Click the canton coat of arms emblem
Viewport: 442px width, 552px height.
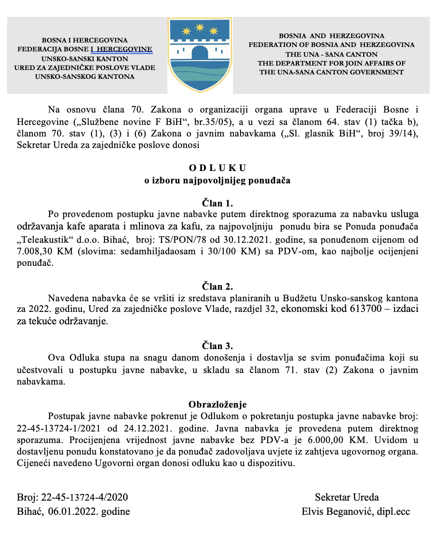pos(200,54)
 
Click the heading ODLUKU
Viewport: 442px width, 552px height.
pos(217,168)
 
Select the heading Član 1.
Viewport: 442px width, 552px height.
pos(217,203)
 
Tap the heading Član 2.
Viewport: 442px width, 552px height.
pos(217,286)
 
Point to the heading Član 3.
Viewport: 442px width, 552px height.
pos(217,346)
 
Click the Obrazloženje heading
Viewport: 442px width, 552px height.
pos(217,404)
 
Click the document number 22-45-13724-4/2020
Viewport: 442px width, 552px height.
pos(85,498)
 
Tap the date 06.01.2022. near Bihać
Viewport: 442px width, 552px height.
pos(73,512)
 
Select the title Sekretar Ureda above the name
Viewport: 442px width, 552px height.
pos(347,498)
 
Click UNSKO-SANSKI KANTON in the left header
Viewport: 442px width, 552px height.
pos(85,59)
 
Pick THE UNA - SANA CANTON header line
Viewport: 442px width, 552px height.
pos(331,54)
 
